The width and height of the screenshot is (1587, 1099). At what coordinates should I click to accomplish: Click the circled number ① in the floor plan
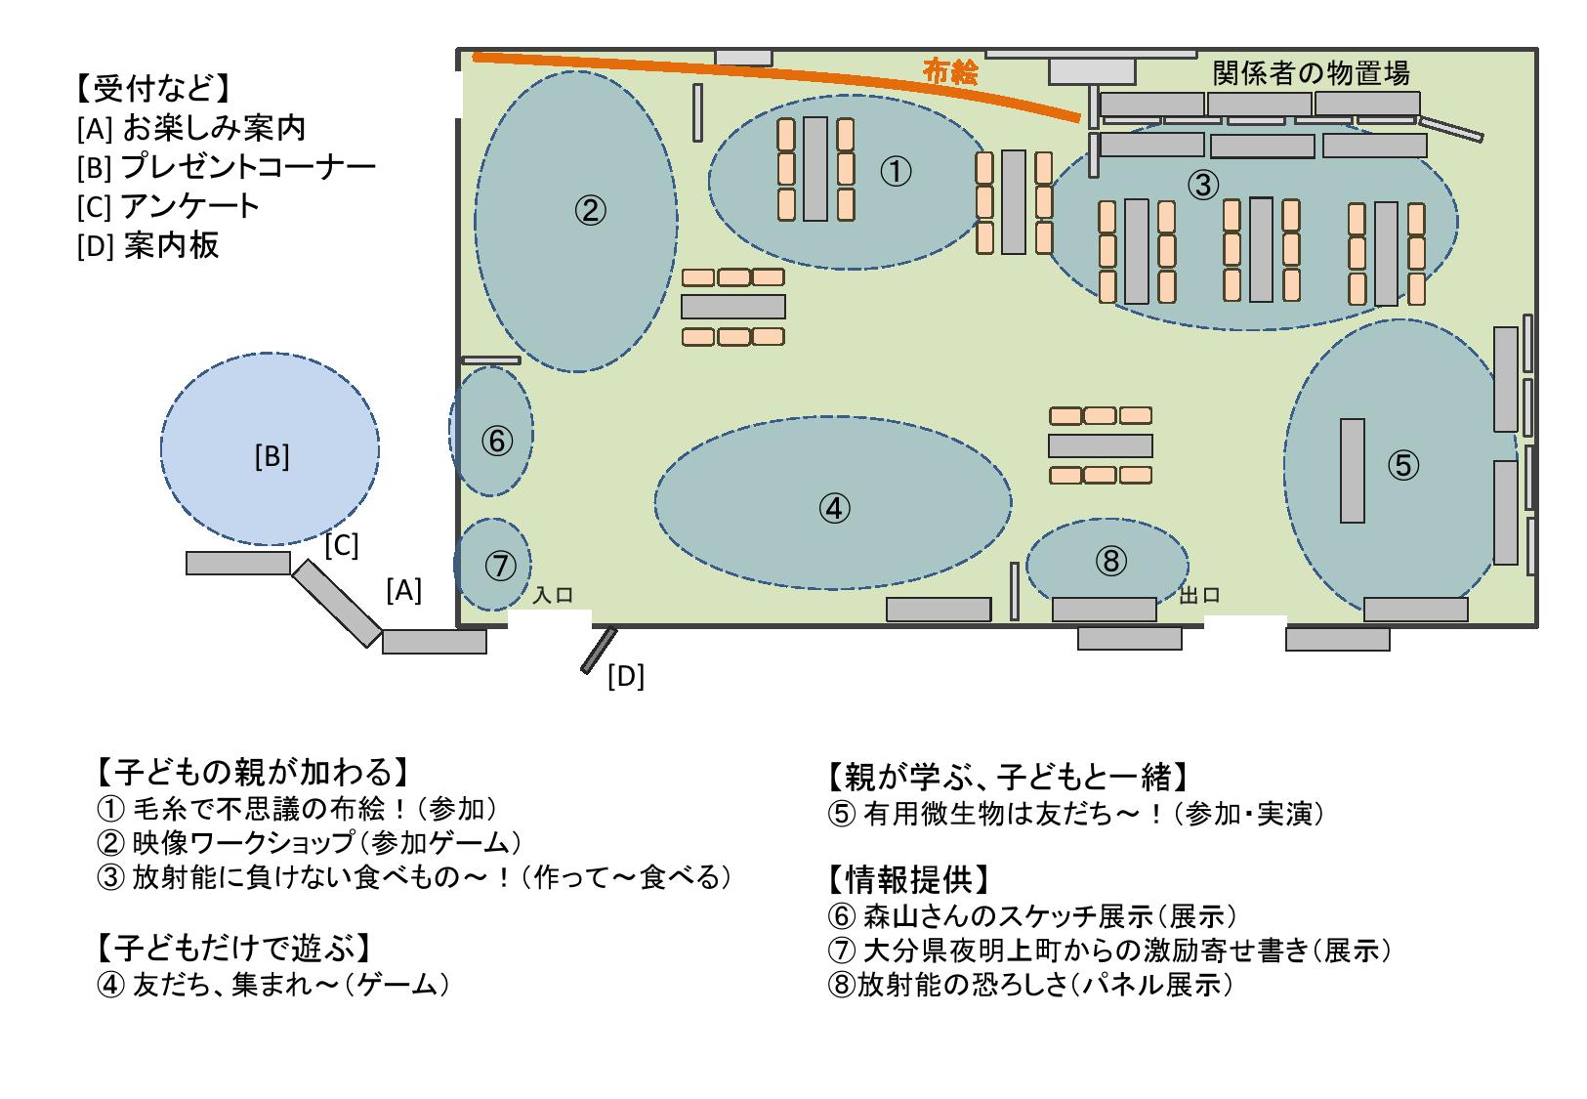click(896, 172)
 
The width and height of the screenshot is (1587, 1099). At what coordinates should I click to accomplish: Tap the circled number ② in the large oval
click(591, 209)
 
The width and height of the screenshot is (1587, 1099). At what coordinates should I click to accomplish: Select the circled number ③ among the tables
click(1204, 183)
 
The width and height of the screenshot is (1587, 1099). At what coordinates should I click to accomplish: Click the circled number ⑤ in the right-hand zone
click(1402, 465)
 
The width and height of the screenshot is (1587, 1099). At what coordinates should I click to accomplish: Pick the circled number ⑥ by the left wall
click(496, 442)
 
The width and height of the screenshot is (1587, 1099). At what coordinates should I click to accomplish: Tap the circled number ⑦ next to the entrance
click(499, 565)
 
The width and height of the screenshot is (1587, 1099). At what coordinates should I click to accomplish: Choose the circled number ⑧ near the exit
click(1111, 560)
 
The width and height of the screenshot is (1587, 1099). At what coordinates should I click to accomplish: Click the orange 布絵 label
click(950, 72)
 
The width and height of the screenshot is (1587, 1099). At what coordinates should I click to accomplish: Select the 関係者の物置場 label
click(1311, 72)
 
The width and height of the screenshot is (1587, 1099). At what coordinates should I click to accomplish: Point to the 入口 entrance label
click(552, 595)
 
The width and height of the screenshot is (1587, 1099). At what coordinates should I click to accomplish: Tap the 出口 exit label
click(1200, 595)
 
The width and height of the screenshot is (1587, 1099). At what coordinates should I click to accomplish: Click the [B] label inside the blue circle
click(271, 456)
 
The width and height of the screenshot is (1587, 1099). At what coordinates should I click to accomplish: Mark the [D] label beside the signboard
click(626, 676)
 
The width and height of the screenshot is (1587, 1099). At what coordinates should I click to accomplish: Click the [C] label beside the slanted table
click(342, 545)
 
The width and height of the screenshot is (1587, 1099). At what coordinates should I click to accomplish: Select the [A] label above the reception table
click(403, 590)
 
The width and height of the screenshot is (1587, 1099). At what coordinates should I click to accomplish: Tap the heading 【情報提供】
click(908, 879)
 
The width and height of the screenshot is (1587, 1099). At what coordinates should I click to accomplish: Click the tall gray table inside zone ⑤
click(1352, 471)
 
